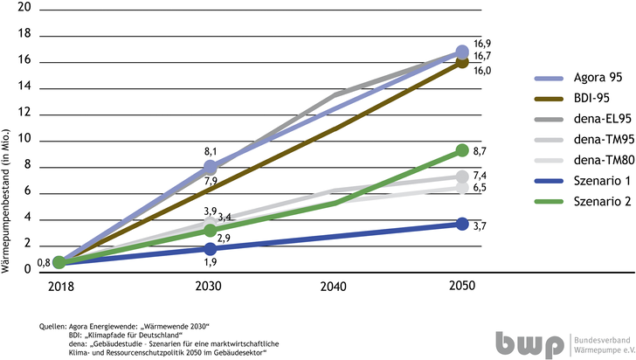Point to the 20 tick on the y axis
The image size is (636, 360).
(x=24, y=7)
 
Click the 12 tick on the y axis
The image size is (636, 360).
(x=24, y=113)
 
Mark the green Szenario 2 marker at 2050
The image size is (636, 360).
(x=461, y=151)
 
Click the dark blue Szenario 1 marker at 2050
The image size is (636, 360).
(x=461, y=225)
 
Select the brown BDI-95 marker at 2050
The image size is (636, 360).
(x=461, y=61)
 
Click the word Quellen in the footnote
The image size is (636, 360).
(x=55, y=325)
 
